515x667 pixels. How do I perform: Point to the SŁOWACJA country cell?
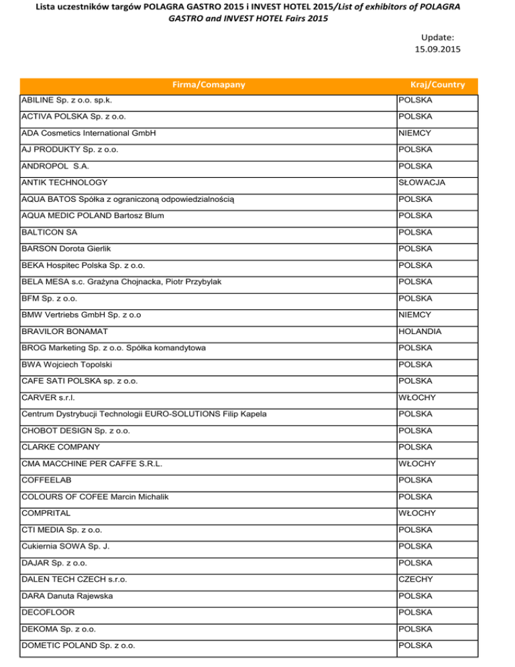[x=422, y=183]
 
